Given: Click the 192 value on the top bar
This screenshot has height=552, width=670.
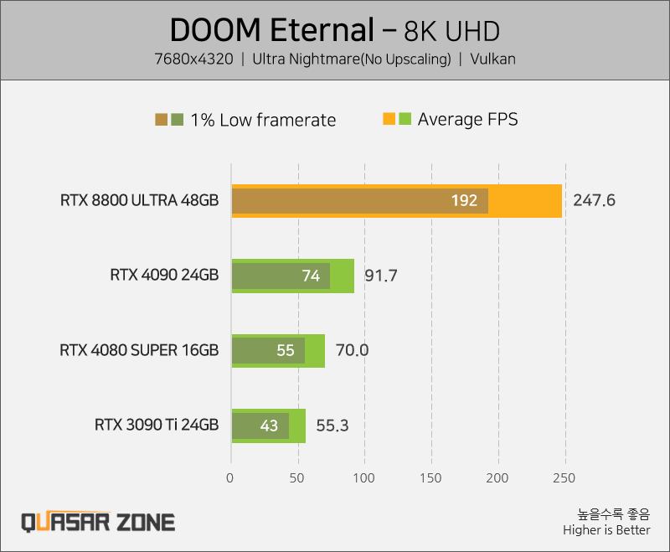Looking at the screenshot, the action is point(464,200).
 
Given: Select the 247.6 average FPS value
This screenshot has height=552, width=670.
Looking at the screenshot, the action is point(594,200).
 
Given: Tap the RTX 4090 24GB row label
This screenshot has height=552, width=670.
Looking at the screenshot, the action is point(164,275).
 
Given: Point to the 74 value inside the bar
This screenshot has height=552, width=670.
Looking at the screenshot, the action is point(311,276).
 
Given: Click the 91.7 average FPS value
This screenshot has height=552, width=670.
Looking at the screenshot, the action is point(381,276).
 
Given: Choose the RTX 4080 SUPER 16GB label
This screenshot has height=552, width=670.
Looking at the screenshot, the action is point(139,350).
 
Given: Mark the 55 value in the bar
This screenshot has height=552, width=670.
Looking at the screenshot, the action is point(286,350).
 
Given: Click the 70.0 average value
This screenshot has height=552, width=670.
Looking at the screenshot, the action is point(352,350).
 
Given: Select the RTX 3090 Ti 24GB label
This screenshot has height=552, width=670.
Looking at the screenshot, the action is point(157,426).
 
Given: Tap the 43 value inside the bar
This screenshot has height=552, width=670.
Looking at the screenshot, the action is point(269,426).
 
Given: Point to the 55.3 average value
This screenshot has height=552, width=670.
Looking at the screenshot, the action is point(332,426).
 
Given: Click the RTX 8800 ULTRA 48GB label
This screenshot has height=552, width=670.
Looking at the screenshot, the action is point(139,200).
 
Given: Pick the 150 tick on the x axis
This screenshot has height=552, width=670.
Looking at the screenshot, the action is point(430,477).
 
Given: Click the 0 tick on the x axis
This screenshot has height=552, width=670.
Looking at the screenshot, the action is point(229,477).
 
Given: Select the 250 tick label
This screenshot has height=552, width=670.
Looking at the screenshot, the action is point(564,477).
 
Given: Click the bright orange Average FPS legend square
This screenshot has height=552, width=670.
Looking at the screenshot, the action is point(389,119).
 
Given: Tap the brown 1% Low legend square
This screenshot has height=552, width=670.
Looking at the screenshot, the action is point(161,120).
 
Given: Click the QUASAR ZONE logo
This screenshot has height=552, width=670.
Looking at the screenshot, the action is point(98,522).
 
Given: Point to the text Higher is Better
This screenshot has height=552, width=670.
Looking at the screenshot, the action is point(606,530).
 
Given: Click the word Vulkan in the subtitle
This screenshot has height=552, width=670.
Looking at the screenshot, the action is point(492,59).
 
